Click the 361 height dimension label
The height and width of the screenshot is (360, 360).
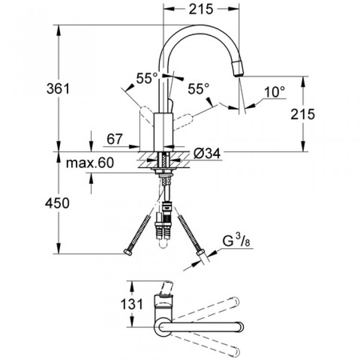59,89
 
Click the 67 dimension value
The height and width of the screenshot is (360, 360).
114,140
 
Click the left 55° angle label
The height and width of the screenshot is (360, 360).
147,78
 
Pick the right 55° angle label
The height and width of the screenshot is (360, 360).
198,89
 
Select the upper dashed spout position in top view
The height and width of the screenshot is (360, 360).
211,308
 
